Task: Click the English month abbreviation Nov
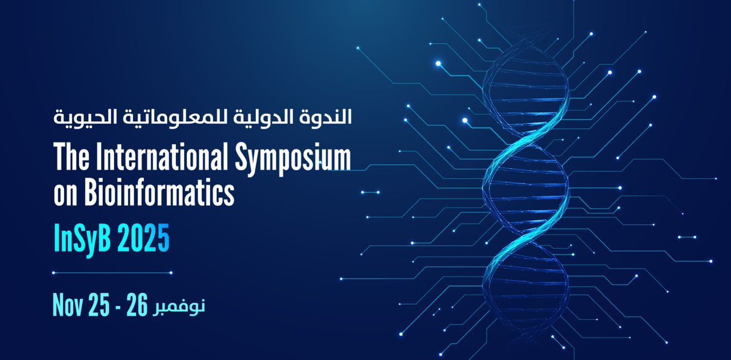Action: (69, 305)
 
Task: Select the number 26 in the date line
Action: (138, 305)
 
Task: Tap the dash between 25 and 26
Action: (121, 306)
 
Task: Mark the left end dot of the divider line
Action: (55, 273)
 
